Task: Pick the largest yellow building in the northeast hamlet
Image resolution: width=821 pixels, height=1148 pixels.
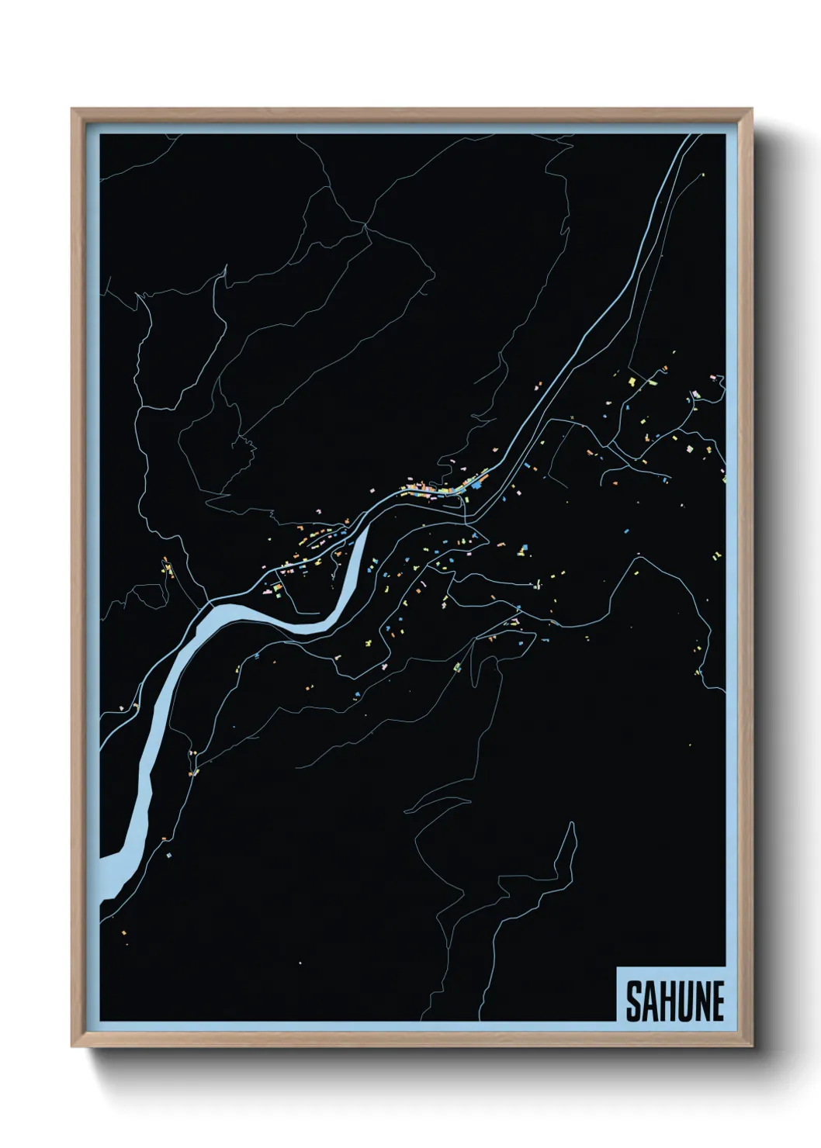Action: (633, 382)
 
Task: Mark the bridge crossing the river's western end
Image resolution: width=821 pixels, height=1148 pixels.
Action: (210, 601)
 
